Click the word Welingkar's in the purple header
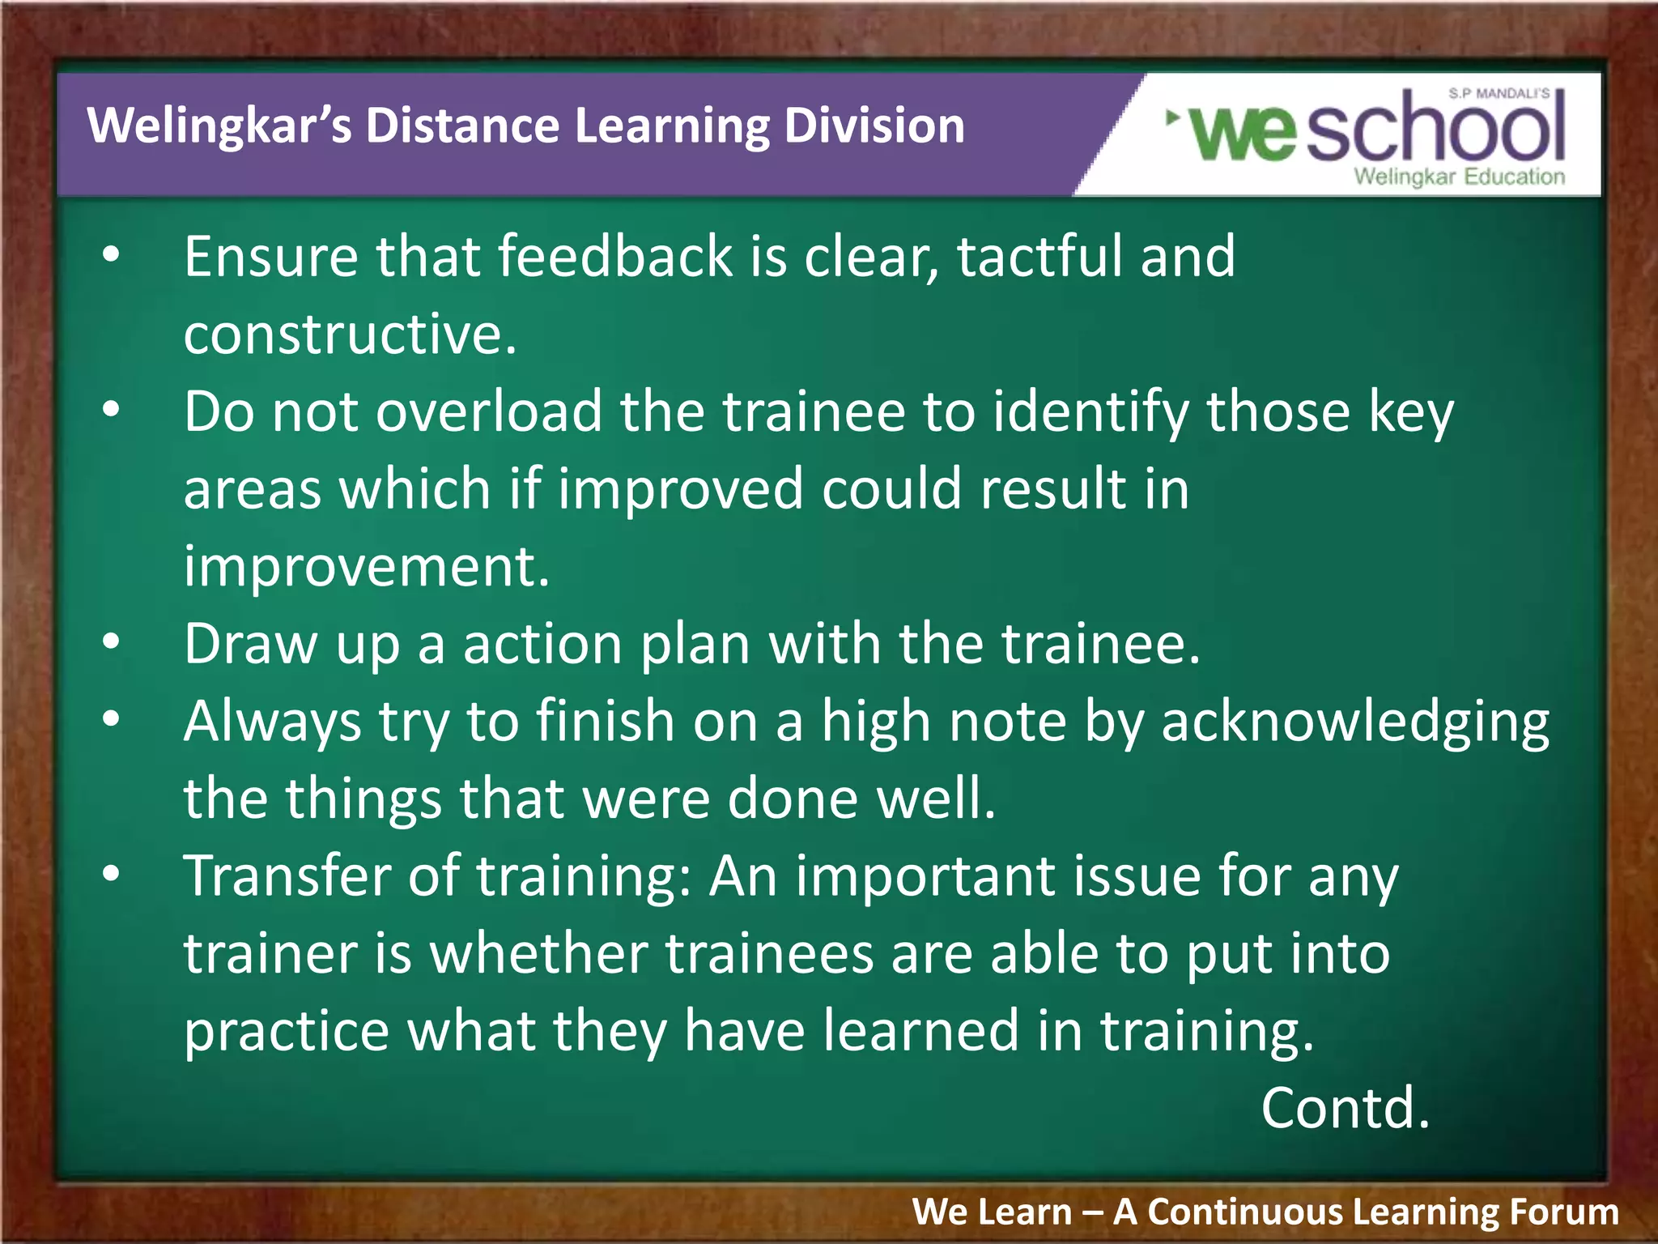(x=219, y=126)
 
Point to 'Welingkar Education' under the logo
(x=1459, y=177)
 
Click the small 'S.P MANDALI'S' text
(x=1499, y=93)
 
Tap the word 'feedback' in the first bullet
(x=614, y=257)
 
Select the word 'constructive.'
(x=350, y=334)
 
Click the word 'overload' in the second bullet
(x=489, y=411)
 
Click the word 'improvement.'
(x=366, y=566)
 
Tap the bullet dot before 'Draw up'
(x=111, y=642)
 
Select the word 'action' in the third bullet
(x=542, y=644)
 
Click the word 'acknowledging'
(x=1354, y=722)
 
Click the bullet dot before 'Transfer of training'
(x=111, y=874)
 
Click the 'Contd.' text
(x=1345, y=1108)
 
